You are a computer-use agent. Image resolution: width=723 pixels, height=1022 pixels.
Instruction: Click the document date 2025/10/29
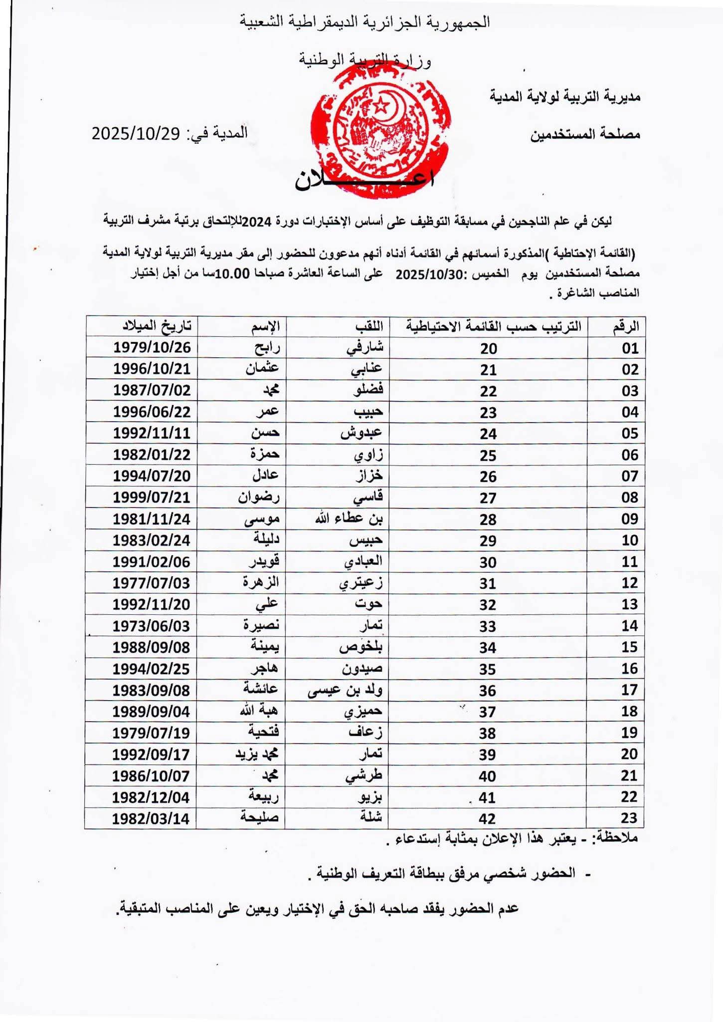135,134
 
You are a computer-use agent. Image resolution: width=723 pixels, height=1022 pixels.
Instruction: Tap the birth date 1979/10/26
152,347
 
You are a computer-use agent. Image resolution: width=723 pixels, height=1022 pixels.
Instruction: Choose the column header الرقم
625,326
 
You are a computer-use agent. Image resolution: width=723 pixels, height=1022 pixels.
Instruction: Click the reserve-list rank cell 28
488,519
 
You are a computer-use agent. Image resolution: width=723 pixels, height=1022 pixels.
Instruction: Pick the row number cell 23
629,818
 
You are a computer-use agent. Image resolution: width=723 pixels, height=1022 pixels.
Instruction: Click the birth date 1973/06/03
152,626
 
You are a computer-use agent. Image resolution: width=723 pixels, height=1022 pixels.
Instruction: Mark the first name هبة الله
259,711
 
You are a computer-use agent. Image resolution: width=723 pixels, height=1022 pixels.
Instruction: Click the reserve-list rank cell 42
487,818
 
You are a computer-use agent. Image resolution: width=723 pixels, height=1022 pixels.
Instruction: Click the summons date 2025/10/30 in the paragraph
429,273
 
